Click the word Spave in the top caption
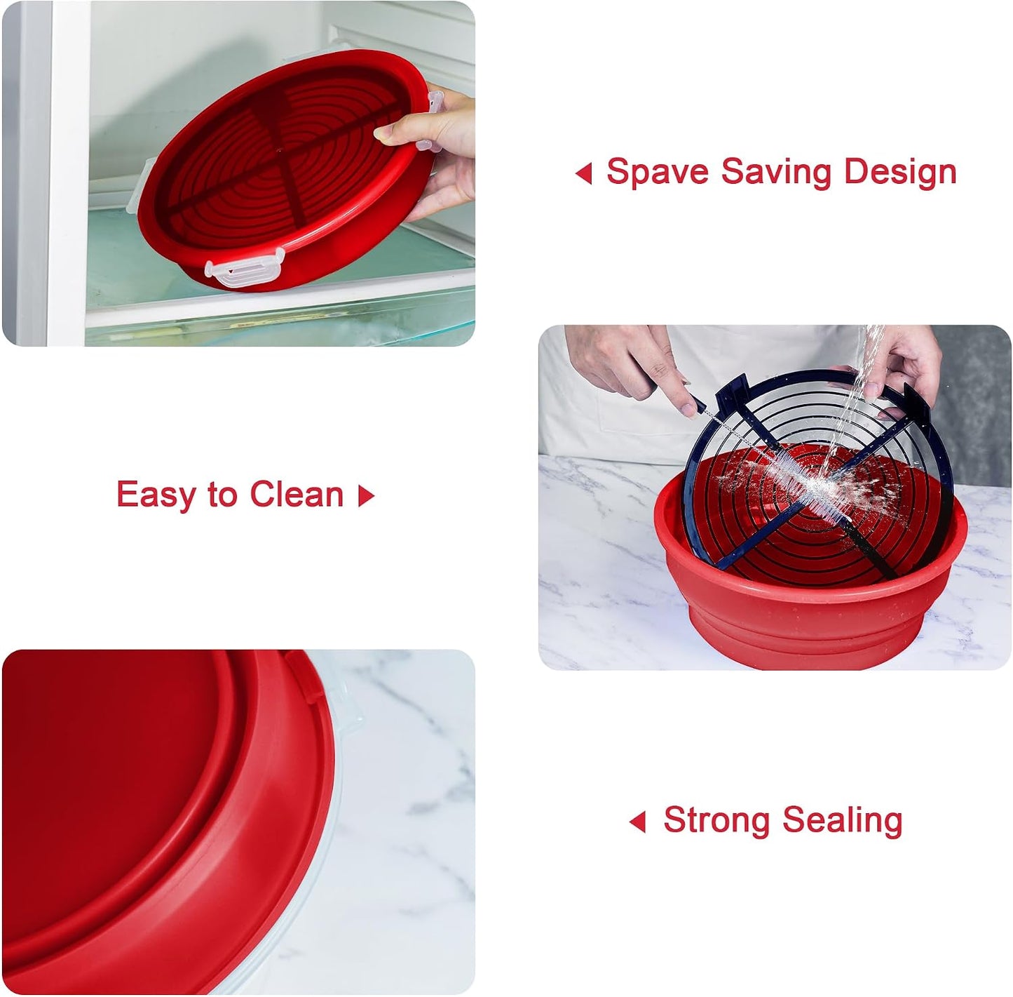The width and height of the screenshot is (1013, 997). (657, 172)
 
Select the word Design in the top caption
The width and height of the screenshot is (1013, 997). (900, 172)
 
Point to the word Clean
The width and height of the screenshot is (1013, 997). (296, 494)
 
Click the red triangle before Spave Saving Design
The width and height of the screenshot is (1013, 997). (583, 173)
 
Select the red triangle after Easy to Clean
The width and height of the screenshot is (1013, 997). (366, 495)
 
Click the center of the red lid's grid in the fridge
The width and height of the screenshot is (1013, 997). (278, 151)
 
